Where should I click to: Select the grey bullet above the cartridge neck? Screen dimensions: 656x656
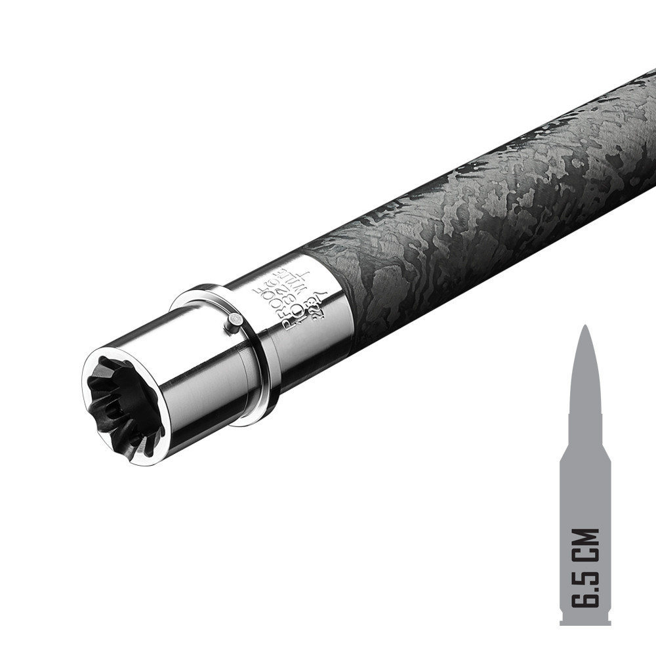pos(585,374)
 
